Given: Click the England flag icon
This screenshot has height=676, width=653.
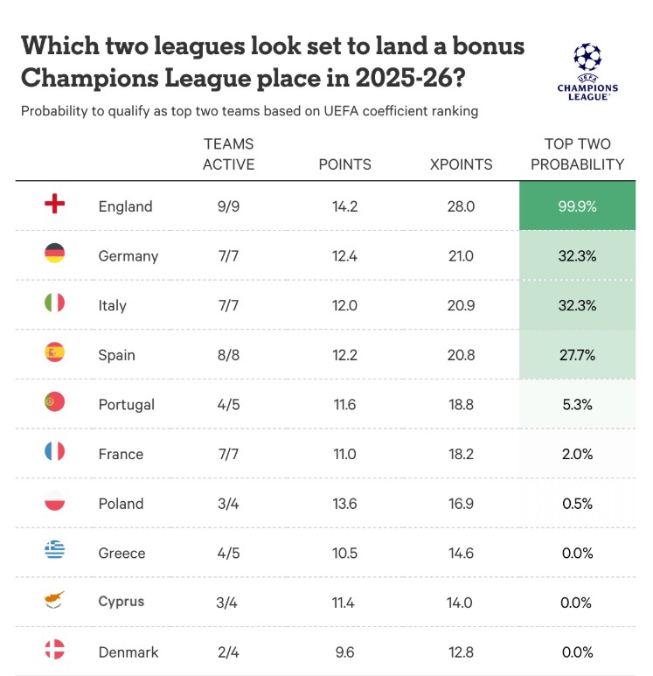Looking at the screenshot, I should coord(54,205).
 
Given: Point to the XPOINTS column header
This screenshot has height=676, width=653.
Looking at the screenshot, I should coord(462,164).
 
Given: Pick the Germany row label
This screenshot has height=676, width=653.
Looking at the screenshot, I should coord(128,255).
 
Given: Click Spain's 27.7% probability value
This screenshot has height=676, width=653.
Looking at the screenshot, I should coord(577,355).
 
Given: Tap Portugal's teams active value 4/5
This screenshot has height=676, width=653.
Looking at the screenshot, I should coord(229,404).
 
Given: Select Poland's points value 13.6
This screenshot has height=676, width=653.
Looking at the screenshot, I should coord(344,503).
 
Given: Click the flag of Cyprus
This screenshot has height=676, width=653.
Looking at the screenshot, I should coord(54,602).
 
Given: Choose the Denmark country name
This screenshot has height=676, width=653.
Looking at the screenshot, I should coord(128,652).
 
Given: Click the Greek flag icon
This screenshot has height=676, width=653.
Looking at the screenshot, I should coord(54,552).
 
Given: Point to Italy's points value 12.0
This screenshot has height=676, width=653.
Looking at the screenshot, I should coord(344,305).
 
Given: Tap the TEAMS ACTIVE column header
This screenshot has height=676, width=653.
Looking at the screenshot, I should coord(229,154).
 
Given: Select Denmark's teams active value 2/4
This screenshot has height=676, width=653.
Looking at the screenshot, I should coord(229,652).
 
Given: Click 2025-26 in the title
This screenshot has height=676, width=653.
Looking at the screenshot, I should coord(409,78).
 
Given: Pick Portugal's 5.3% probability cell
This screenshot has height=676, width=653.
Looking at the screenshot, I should coord(577,404).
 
